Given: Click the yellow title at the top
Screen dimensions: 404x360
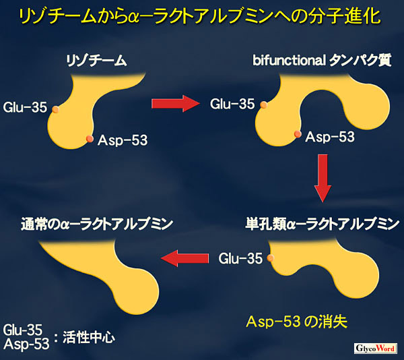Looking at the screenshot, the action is tap(200, 17).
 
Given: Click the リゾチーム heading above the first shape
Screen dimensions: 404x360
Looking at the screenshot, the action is tap(96, 61).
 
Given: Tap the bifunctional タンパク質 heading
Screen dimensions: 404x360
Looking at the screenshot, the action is tap(322, 61).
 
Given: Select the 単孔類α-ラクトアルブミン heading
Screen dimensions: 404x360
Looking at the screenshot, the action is tap(323, 224).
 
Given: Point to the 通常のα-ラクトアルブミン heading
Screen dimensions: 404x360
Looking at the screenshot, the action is tap(96, 224).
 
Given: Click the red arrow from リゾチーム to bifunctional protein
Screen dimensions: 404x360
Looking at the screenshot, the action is tap(176, 103).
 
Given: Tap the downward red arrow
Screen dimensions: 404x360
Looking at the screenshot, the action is tap(323, 178).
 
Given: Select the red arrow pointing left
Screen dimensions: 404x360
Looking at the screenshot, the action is tap(184, 258).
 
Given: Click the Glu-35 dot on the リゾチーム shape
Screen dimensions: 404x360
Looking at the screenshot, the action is tap(55, 109).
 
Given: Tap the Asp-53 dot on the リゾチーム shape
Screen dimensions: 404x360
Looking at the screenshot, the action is tap(90, 139).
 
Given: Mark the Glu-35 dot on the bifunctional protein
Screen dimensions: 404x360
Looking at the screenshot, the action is tap(263, 104).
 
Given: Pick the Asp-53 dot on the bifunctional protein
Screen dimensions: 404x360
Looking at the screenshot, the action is tap(298, 134).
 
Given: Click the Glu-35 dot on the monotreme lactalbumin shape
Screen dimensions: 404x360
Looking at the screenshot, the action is tap(270, 258).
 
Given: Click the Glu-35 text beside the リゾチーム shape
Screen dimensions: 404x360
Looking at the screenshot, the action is tap(25, 107).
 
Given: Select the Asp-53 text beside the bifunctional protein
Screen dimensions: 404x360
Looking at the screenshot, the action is tap(330, 137).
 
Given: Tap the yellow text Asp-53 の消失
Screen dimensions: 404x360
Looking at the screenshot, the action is tap(297, 322).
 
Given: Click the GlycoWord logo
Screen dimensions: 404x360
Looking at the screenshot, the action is tap(375, 349).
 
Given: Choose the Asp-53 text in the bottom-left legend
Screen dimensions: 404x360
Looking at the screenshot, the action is tap(26, 344).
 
